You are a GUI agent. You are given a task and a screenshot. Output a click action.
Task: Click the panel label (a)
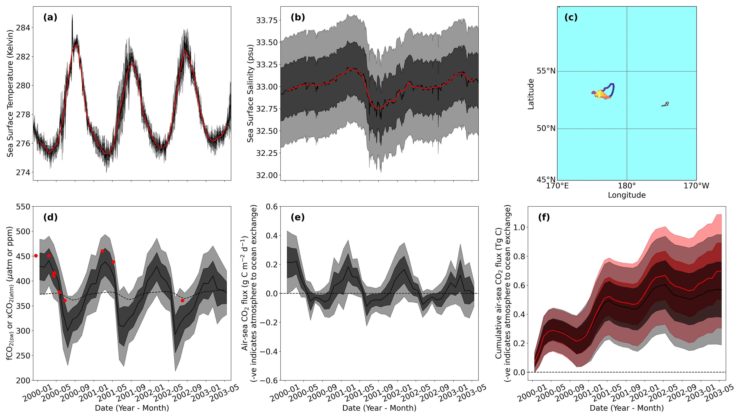pos(50,18)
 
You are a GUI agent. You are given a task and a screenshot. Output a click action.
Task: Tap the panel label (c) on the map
pos(571,18)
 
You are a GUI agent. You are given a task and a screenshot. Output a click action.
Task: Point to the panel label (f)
pos(544,217)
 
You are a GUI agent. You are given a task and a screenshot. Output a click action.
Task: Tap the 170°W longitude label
pos(696,186)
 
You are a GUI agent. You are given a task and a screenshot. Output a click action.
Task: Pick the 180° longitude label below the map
pos(627,186)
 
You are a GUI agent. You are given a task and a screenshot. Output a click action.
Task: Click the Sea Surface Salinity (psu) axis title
pos(250,93)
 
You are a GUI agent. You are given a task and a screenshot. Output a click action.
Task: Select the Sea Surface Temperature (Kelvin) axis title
pos(10,93)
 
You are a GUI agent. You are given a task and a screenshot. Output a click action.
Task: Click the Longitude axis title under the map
pos(627,195)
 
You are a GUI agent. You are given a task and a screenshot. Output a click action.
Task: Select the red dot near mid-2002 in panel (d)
pos(182,301)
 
